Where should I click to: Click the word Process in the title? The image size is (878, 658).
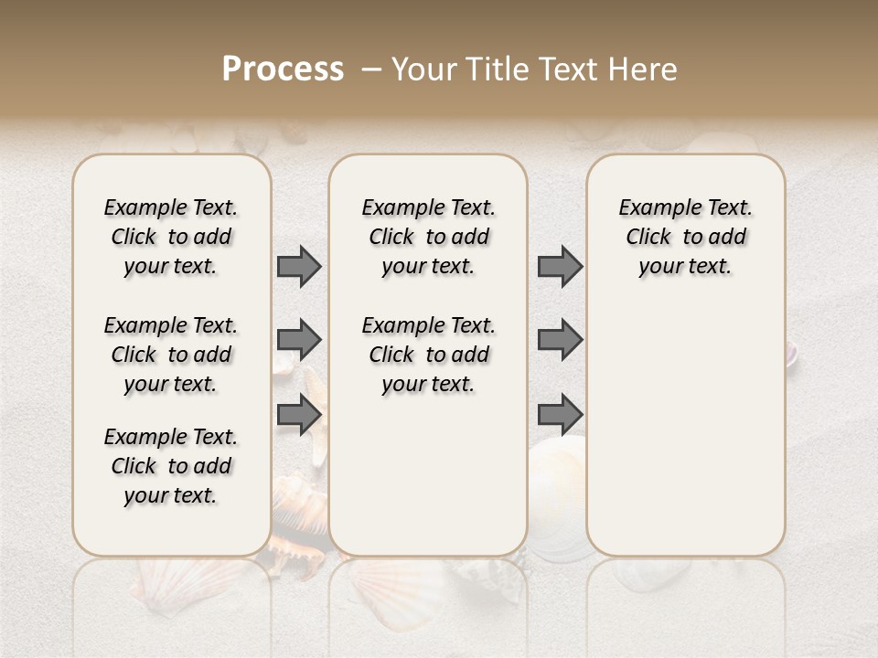tap(283, 69)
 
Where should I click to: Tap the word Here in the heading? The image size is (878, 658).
tap(644, 69)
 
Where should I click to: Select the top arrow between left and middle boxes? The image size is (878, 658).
tap(299, 267)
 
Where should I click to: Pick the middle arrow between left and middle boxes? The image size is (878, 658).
tap(299, 340)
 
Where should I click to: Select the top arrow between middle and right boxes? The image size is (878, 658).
tap(560, 267)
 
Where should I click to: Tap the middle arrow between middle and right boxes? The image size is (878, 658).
tap(560, 340)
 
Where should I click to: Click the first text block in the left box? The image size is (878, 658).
tap(171, 237)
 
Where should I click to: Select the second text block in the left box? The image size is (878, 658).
tap(171, 355)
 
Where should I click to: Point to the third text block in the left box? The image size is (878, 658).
tap(171, 466)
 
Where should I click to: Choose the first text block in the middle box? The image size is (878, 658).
tap(428, 237)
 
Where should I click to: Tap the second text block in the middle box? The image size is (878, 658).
tap(428, 355)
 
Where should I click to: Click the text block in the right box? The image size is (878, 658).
tap(685, 237)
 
